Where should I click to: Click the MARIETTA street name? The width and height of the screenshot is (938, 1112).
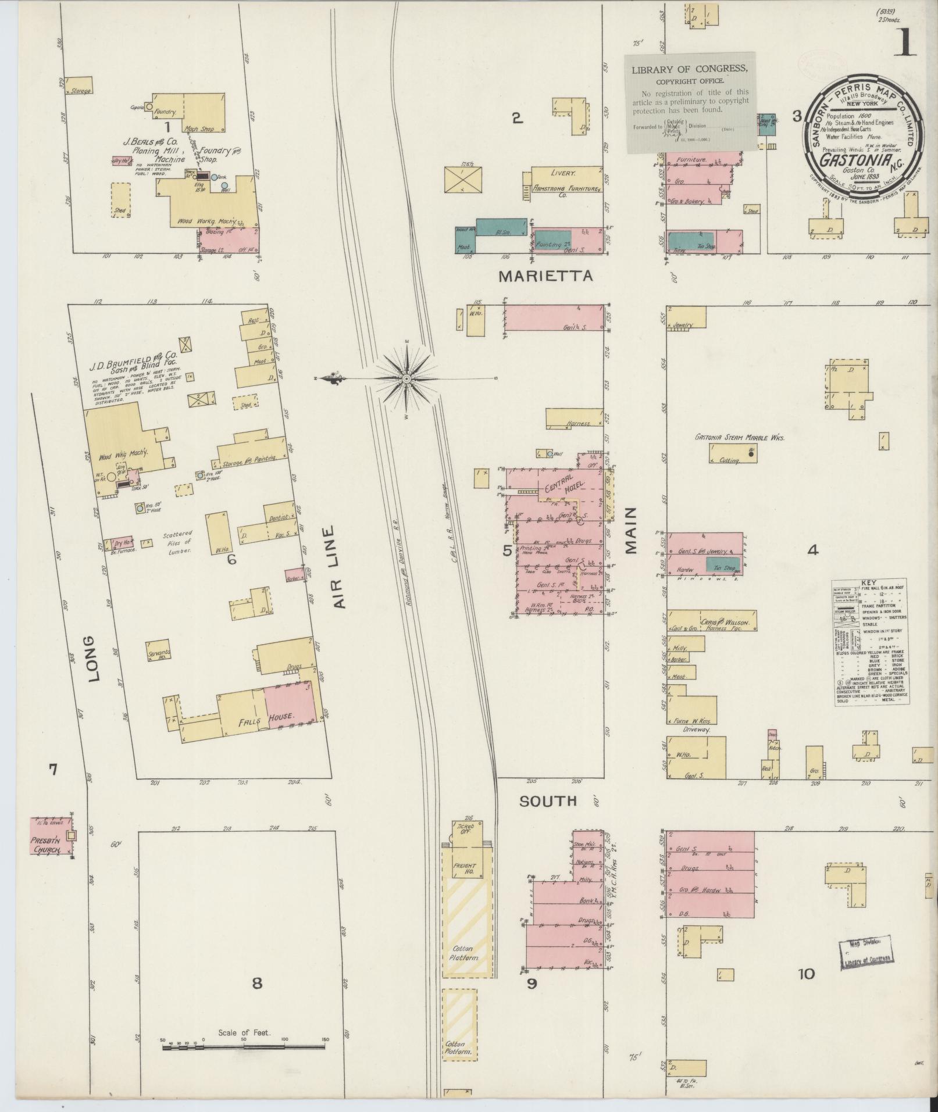coord(545,276)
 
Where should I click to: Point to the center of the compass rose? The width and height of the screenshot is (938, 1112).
coord(406,379)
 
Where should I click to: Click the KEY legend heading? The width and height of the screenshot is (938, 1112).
coord(869,583)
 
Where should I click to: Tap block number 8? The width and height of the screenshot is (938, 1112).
coord(256,982)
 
